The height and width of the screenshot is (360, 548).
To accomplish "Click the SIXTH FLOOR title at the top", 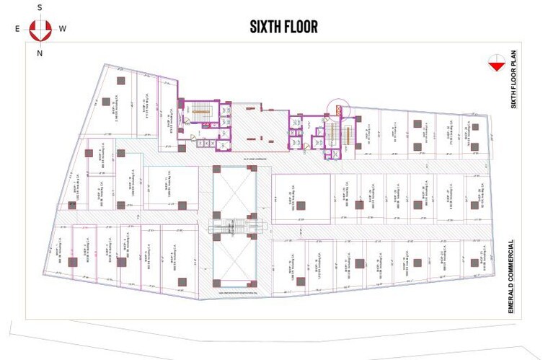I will pyautogui.click(x=283, y=27).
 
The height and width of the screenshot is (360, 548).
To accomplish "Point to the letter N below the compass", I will pyautogui.click(x=40, y=53).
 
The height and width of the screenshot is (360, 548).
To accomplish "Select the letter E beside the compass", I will pyautogui.click(x=17, y=29).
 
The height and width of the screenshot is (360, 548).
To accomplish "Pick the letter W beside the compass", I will pyautogui.click(x=63, y=29).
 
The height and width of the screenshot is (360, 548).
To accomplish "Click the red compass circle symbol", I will pyautogui.click(x=40, y=30).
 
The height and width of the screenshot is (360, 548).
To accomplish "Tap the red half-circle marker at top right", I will pyautogui.click(x=495, y=63).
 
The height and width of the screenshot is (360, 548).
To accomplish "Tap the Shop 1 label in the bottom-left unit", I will pyautogui.click(x=56, y=255).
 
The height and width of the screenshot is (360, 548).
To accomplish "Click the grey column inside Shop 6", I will pyautogui.click(x=121, y=153).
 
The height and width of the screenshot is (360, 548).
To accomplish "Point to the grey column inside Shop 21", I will pyautogui.click(x=474, y=265).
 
